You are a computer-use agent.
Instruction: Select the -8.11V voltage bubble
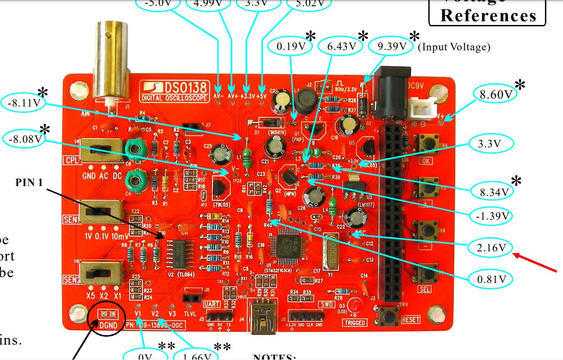24,102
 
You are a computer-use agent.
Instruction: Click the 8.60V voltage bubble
496,95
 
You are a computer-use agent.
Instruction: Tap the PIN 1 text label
30,182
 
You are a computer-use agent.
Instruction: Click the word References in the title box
488,15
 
